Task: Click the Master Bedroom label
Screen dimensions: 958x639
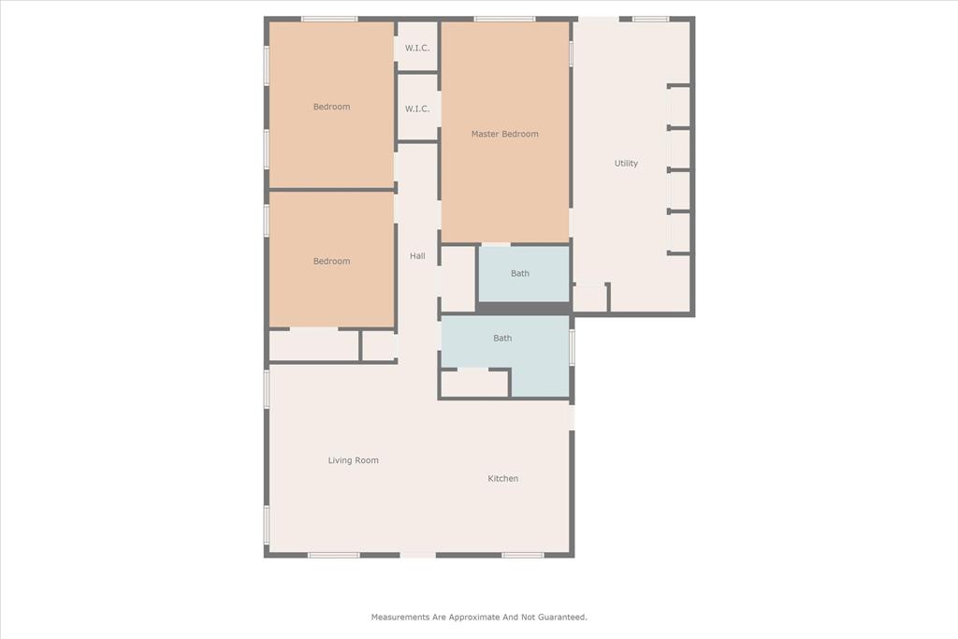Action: click(x=504, y=134)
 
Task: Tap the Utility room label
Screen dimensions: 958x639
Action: click(x=626, y=163)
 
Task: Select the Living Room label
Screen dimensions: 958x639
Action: click(x=353, y=460)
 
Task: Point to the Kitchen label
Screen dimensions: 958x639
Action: click(x=502, y=478)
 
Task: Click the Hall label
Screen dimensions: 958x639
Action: click(x=417, y=256)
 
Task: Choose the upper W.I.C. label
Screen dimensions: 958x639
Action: click(x=417, y=48)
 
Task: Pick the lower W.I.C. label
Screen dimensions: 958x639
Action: click(x=417, y=109)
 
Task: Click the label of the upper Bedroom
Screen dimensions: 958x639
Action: click(x=332, y=107)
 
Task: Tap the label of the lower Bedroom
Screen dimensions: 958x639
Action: click(x=332, y=261)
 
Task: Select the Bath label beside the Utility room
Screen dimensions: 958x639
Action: click(x=520, y=273)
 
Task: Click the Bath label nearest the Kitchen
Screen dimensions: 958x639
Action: click(x=502, y=338)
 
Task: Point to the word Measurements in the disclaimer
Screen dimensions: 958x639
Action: click(x=400, y=617)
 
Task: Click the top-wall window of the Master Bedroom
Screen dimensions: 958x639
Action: click(x=504, y=19)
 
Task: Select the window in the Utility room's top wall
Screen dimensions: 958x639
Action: click(x=651, y=19)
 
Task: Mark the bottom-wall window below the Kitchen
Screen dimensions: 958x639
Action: click(x=523, y=555)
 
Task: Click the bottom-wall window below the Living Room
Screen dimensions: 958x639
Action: click(x=334, y=555)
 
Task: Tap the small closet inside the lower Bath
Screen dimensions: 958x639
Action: click(x=474, y=384)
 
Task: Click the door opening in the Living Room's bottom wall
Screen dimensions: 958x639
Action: click(x=418, y=555)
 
